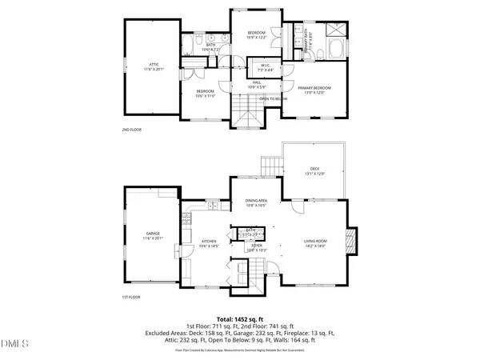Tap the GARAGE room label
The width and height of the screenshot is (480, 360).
[x=154, y=235]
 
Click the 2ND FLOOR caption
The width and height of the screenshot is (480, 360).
[x=130, y=129]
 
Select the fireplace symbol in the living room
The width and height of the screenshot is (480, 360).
[x=348, y=241]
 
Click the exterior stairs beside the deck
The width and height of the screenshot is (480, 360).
[x=272, y=167]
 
